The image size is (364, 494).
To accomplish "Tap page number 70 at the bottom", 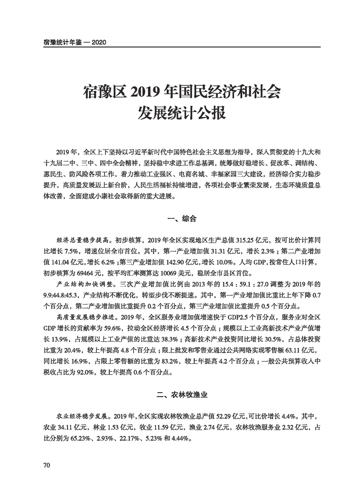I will pos(46,466).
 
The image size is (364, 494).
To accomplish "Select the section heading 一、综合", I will pos(182,219).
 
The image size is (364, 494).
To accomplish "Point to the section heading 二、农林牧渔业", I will pos(182,394).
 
